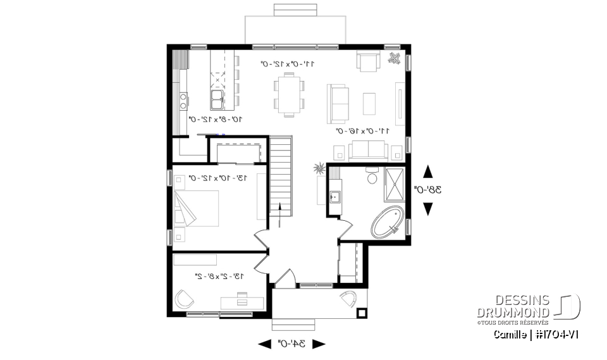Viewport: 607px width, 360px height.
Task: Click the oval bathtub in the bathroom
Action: (388, 222)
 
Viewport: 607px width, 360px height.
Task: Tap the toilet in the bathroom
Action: (372, 176)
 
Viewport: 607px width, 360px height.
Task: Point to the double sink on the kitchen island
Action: (216, 98)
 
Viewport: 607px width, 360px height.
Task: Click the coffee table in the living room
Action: (369, 104)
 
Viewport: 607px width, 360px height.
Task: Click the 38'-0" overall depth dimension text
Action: (427, 189)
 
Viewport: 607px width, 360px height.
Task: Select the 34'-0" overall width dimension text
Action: (291, 344)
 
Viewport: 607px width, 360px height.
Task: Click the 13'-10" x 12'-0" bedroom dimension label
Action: (219, 178)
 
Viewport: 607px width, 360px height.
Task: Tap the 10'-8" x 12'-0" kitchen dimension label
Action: (215, 118)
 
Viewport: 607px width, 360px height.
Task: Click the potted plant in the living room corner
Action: (395, 58)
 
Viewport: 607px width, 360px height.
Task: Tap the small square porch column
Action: (362, 312)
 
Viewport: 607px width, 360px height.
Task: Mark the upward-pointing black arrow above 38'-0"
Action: (427, 171)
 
